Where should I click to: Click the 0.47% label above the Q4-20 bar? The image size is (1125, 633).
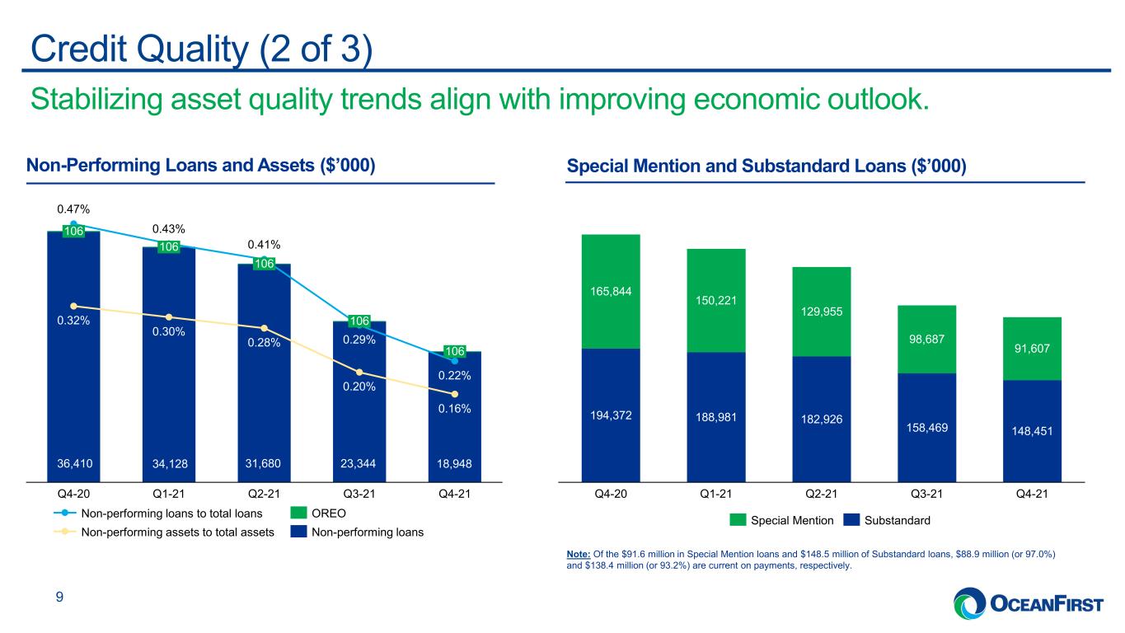(x=73, y=209)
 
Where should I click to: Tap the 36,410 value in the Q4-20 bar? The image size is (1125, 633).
(x=74, y=463)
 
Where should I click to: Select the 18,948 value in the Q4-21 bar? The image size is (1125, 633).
(x=454, y=463)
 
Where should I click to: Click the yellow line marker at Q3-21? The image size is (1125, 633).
(x=359, y=373)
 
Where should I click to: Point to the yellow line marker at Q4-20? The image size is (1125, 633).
(x=74, y=306)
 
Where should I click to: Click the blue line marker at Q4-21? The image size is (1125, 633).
(x=454, y=361)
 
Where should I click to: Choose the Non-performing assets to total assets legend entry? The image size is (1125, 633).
(x=164, y=532)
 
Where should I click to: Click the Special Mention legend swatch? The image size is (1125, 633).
(x=738, y=520)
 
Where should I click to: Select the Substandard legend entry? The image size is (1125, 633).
(x=887, y=520)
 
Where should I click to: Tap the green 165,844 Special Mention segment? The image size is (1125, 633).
(x=611, y=292)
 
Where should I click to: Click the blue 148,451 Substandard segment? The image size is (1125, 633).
(x=1032, y=431)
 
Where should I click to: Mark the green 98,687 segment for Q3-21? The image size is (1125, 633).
(x=926, y=339)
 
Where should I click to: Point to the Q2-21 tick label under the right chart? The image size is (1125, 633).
(x=821, y=494)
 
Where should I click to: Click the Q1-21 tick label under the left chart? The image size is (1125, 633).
(x=169, y=494)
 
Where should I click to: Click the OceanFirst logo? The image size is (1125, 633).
(x=1028, y=603)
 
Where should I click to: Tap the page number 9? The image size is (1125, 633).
(x=59, y=597)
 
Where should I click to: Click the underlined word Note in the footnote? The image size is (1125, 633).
(x=578, y=554)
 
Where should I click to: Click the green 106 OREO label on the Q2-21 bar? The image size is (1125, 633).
(x=265, y=263)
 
